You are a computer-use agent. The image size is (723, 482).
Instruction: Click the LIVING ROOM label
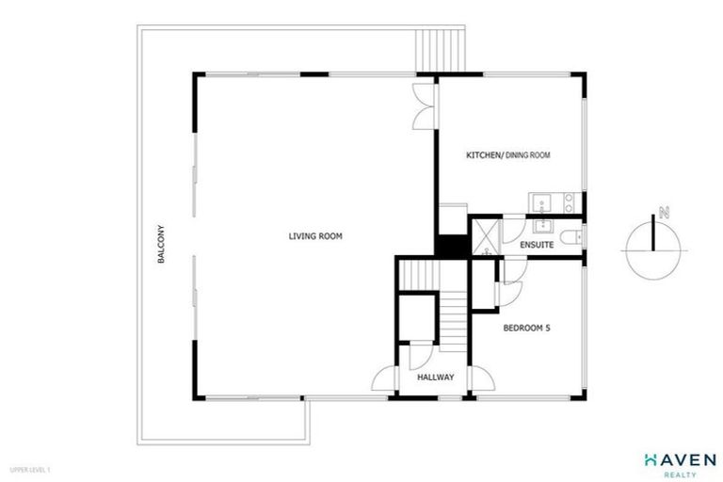pos(314,236)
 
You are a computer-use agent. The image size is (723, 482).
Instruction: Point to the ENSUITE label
pos(536,245)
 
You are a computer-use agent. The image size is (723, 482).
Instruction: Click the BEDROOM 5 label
pos(526,329)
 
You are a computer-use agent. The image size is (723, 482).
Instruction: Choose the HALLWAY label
pos(436,377)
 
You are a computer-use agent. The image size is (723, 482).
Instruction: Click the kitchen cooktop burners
pos(568,201)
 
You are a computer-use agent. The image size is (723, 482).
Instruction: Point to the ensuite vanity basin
pos(543,226)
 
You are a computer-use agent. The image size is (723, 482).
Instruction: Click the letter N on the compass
pos(664,213)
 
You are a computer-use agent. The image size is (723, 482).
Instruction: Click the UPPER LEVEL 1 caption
pos(29,468)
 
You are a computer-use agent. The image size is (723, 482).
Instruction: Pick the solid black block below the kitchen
pos(451,243)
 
